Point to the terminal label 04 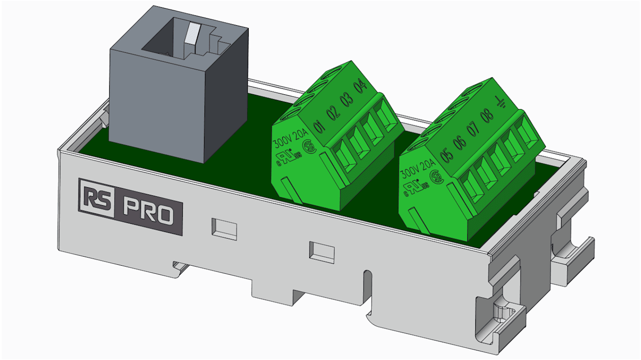pos(361,87)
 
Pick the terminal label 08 pos(487,116)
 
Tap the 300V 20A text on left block pos(289,140)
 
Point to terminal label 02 pos(334,113)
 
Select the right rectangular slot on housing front pos(321,252)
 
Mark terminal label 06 pos(460,142)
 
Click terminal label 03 pos(348,100)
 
